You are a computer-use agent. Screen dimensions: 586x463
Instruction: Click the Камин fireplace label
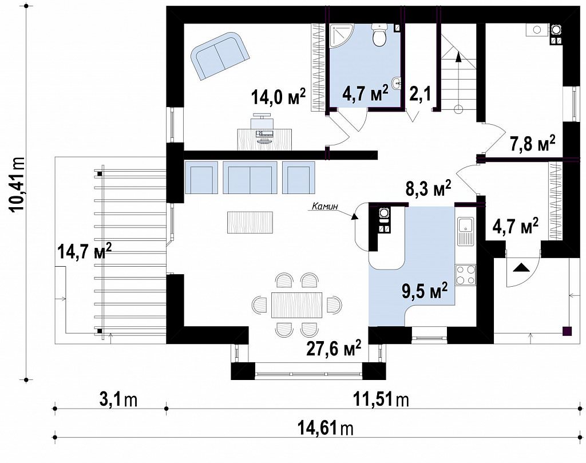click(x=325, y=205)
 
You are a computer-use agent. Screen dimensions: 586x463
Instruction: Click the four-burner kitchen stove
click(x=465, y=275)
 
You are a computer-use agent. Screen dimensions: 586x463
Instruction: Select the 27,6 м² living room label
click(x=334, y=348)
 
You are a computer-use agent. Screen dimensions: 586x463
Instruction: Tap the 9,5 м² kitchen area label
click(x=425, y=291)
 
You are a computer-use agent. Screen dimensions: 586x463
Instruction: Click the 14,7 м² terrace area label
click(x=85, y=251)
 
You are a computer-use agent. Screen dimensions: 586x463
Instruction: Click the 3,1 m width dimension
click(x=118, y=400)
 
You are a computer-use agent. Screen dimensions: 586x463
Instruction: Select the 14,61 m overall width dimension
click(x=326, y=428)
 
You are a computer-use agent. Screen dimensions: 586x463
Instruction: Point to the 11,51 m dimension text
click(x=381, y=400)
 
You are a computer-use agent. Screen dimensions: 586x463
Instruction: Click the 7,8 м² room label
click(x=533, y=144)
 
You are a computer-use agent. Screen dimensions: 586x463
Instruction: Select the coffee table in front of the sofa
click(x=250, y=222)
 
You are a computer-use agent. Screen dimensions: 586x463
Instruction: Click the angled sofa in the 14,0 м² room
click(x=220, y=56)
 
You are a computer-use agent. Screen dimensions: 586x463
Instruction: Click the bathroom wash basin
click(x=397, y=82)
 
